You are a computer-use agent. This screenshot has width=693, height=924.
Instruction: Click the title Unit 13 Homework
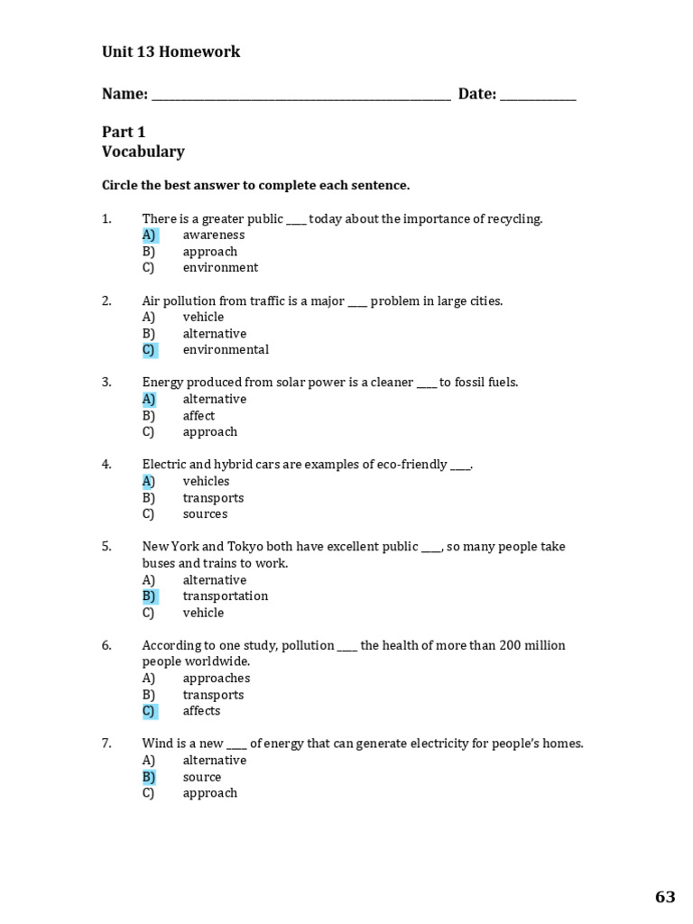(171, 52)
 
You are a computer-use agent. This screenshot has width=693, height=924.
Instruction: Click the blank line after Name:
(300, 97)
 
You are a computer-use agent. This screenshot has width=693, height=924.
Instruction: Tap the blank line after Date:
(537, 97)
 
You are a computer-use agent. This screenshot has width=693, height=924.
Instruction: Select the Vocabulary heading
(143, 152)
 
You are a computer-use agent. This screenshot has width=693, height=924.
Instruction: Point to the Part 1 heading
(124, 132)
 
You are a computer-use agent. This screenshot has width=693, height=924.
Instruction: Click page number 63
(664, 897)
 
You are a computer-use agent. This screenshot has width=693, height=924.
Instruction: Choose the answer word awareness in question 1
(214, 236)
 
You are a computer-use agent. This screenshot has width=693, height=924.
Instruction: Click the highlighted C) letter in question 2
(149, 350)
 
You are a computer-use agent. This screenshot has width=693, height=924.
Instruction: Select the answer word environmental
(226, 350)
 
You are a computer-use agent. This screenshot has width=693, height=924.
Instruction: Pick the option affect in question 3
(199, 416)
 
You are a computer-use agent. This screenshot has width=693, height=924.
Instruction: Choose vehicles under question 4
(206, 482)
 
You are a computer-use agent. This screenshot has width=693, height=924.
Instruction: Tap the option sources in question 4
(205, 514)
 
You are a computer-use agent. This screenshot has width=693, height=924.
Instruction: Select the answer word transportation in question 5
(226, 596)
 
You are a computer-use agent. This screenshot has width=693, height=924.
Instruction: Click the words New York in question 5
(170, 547)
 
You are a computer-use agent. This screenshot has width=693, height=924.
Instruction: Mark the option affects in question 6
(201, 711)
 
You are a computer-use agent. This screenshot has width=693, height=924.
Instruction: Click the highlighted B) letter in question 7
(149, 777)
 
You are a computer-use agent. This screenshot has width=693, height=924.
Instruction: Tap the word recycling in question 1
(514, 219)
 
